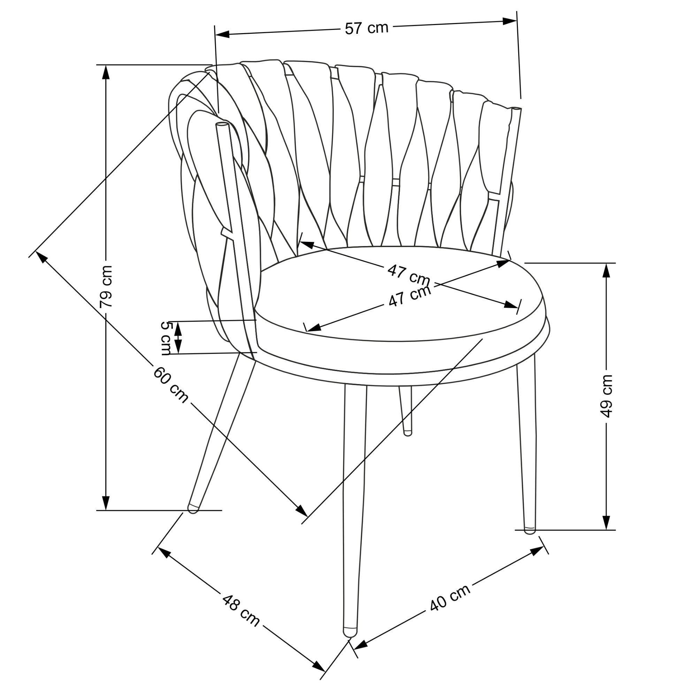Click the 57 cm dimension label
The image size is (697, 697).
366,28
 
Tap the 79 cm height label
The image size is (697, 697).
106,286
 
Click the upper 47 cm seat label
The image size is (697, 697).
409,274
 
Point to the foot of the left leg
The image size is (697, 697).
193,508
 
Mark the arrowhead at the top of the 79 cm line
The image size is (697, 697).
105,72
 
